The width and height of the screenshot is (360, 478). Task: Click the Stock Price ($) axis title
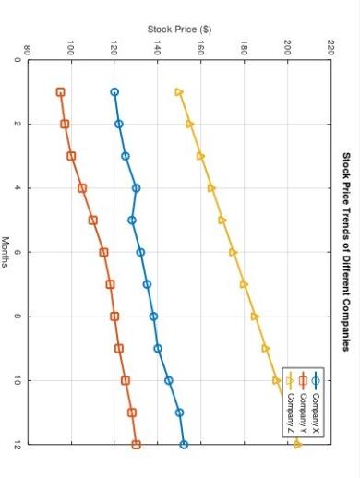(x=180, y=30)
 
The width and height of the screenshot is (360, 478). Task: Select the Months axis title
(x=6, y=251)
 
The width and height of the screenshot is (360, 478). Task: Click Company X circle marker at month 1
(x=114, y=92)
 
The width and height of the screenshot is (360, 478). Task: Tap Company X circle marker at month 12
(x=184, y=445)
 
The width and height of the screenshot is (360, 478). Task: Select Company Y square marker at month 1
(x=60, y=92)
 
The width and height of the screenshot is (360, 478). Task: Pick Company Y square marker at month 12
(x=137, y=445)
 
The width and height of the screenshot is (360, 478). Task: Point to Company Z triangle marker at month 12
(x=297, y=445)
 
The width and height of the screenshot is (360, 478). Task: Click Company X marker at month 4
(x=137, y=188)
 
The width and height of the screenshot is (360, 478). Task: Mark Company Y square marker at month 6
(x=103, y=252)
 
